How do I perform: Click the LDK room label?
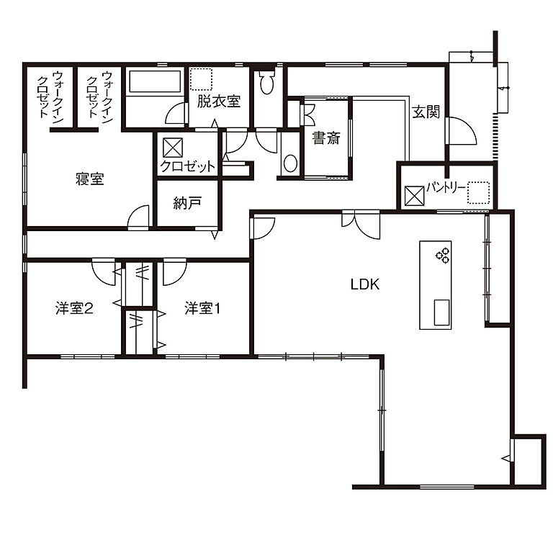pos(364,284)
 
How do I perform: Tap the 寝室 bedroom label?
pos(89,179)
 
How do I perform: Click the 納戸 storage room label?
pos(187,203)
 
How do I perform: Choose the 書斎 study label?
pos(325,138)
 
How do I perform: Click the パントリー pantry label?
pos(445,188)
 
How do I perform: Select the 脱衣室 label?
pos(218,102)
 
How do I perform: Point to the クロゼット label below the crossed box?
pos(188,166)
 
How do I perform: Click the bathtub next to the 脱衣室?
pos(154,81)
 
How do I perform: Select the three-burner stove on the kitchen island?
pos(441,254)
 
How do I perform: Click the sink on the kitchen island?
pos(439,311)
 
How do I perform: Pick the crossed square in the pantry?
pos(414,194)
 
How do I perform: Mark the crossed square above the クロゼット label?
pos(173,147)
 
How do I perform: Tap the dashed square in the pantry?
pos(478,193)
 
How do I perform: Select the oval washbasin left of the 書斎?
pos(289,163)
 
